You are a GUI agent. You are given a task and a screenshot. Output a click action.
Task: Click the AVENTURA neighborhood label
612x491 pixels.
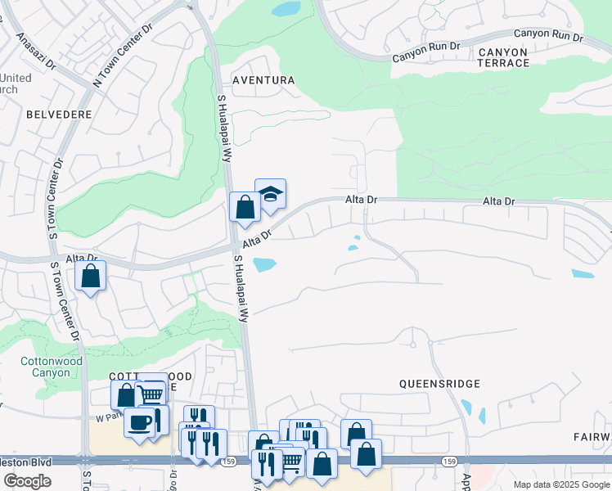[x=263, y=80]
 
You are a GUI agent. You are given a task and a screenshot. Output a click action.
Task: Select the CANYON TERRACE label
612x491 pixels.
[x=503, y=57]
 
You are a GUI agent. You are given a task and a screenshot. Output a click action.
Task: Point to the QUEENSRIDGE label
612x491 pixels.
[x=439, y=383]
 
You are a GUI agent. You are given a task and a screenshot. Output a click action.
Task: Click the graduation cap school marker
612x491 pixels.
[x=270, y=194]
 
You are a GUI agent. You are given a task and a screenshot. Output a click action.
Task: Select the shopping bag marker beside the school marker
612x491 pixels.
[x=245, y=207]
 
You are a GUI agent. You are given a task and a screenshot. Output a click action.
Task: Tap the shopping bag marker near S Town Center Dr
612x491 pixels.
[x=91, y=276]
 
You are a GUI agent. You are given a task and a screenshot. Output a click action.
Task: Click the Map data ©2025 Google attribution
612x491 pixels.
[x=560, y=484]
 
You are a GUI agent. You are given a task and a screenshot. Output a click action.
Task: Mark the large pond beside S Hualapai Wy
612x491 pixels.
[x=264, y=264]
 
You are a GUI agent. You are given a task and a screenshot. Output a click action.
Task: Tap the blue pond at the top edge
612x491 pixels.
[x=286, y=9]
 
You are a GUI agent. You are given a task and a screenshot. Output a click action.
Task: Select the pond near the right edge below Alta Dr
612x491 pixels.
[x=583, y=274]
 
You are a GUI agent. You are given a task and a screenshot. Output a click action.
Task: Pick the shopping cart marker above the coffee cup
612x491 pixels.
[x=151, y=394]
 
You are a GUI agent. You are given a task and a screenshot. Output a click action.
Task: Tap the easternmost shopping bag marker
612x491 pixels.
[x=366, y=453]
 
